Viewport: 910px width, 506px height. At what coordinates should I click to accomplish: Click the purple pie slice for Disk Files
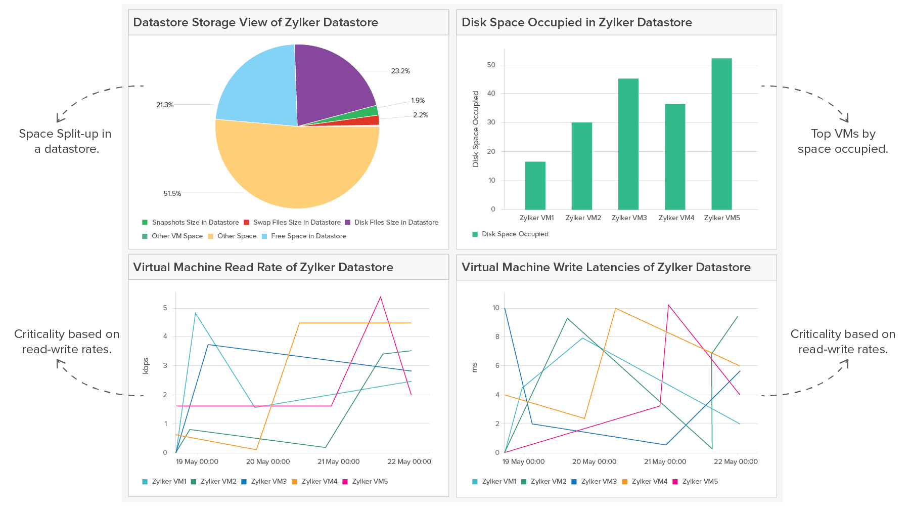(x=331, y=81)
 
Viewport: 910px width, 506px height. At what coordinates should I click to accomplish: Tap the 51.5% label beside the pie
(x=172, y=193)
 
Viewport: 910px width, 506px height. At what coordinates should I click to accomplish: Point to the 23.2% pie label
(x=400, y=71)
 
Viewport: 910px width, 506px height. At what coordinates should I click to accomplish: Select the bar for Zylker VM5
(x=721, y=134)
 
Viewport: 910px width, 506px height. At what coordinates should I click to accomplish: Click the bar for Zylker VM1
(x=535, y=186)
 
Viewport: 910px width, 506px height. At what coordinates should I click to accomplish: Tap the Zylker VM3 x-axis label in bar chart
(x=629, y=218)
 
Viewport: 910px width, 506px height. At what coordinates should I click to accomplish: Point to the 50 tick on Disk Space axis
(x=491, y=65)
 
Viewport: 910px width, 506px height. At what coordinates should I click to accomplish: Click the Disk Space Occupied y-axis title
(x=475, y=129)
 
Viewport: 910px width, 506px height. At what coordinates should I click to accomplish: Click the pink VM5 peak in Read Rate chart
(x=380, y=298)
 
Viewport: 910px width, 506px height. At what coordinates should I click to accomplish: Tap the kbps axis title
(x=146, y=365)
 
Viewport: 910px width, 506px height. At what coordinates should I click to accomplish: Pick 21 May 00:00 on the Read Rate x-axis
(x=338, y=461)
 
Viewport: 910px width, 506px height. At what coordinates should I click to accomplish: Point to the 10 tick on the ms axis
(x=495, y=308)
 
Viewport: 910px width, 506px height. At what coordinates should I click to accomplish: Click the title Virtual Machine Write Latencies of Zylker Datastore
(x=606, y=267)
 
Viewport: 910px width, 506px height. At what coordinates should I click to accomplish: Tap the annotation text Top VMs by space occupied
(x=842, y=141)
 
